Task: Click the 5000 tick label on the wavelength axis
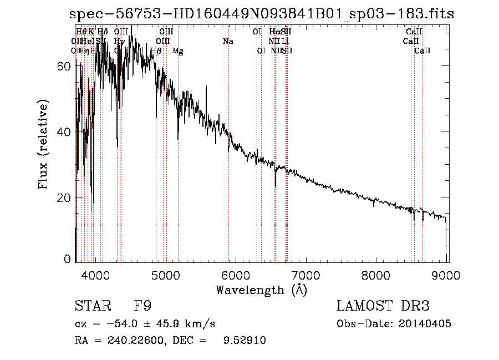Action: tap(165, 273)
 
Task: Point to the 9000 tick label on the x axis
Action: tap(447, 273)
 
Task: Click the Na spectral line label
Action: tap(228, 41)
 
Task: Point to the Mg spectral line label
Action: tap(178, 51)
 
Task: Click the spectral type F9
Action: tap(142, 306)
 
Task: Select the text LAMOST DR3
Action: tap(384, 306)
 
